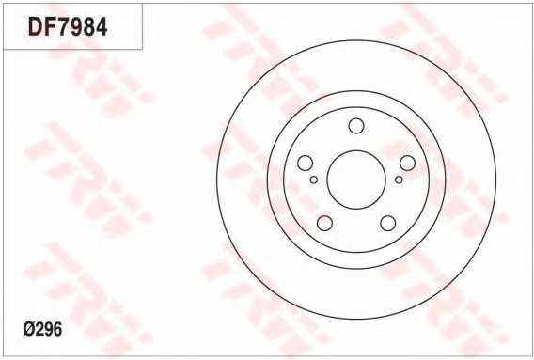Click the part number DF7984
[68, 27]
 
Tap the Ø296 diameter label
[42, 330]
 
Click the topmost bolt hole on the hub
[356, 126]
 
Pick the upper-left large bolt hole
[305, 164]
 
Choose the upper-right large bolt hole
[407, 164]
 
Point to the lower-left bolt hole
[324, 223]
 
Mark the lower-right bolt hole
[388, 223]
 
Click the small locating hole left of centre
[314, 180]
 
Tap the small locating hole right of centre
[399, 180]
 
